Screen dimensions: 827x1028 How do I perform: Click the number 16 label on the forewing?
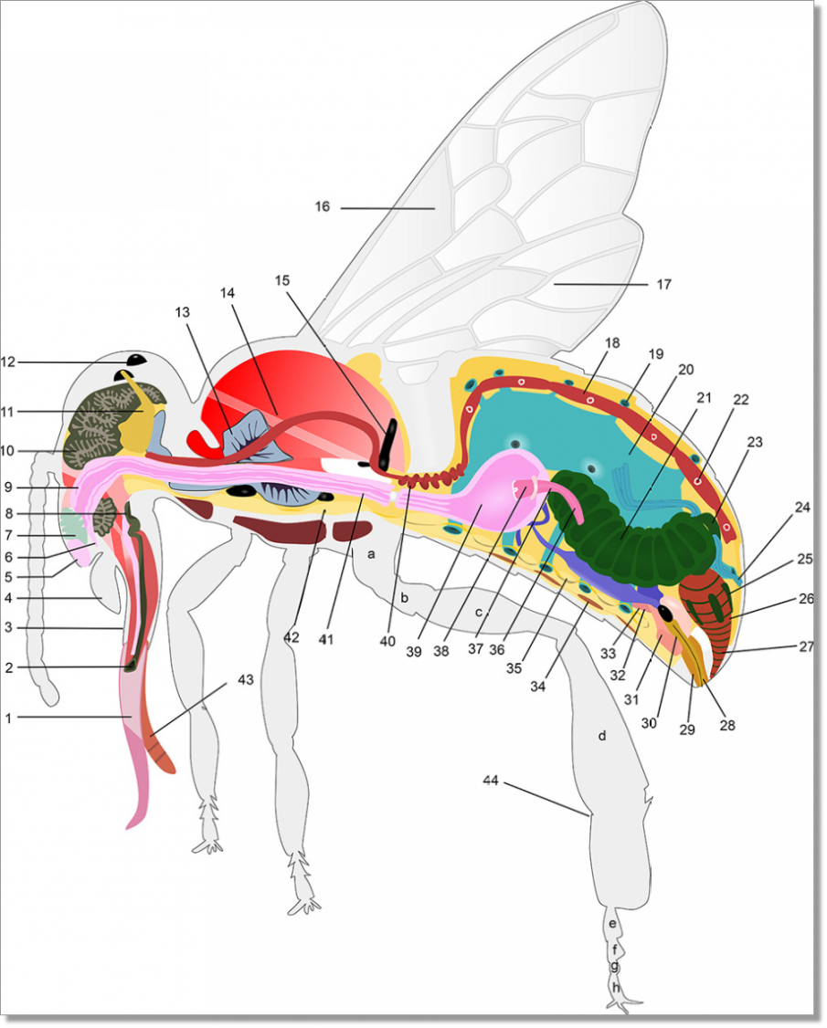323,206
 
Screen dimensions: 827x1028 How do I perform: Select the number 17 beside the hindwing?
663,285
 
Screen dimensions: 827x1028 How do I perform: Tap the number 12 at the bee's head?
8,362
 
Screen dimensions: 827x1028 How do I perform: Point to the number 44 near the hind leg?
491,781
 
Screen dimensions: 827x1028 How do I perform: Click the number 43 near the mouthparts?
246,680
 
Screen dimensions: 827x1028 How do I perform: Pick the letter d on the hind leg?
602,736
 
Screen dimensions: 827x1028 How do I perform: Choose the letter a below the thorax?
372,555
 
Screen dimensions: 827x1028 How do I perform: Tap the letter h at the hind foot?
616,987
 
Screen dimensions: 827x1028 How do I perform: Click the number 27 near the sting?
807,646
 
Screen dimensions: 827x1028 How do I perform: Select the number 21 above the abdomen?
705,397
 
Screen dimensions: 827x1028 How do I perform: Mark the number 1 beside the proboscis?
8,718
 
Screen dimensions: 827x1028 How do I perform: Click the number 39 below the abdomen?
413,652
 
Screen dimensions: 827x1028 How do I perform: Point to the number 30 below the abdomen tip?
649,723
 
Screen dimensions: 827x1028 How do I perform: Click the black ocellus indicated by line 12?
136,360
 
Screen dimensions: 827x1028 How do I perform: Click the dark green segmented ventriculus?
631,524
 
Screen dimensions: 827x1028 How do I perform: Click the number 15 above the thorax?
282,280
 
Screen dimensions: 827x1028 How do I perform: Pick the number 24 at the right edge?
802,508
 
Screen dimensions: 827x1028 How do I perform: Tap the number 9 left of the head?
8,488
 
